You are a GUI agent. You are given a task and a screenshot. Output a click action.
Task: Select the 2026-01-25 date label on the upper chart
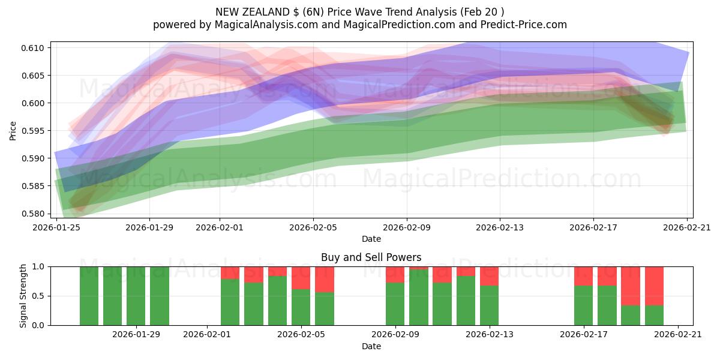click(57, 227)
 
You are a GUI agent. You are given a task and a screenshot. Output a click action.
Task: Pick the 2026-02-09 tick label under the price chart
click(407, 227)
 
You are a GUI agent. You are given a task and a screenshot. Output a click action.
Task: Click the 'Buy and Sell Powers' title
click(371, 257)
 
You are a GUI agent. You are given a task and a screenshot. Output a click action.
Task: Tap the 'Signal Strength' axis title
click(23, 296)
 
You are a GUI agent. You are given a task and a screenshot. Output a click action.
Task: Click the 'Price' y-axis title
click(13, 131)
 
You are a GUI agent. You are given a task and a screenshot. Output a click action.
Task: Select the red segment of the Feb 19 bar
click(631, 286)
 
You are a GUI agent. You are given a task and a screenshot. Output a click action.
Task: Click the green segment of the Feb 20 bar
click(654, 315)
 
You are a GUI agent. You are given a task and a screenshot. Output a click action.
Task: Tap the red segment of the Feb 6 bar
click(325, 279)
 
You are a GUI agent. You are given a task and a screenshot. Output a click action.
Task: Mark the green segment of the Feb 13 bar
click(490, 305)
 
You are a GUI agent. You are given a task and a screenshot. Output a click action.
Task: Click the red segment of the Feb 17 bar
click(583, 276)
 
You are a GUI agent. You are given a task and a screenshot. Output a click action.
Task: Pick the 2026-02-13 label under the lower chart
click(490, 334)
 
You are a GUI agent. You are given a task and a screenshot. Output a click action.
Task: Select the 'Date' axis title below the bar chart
click(371, 346)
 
